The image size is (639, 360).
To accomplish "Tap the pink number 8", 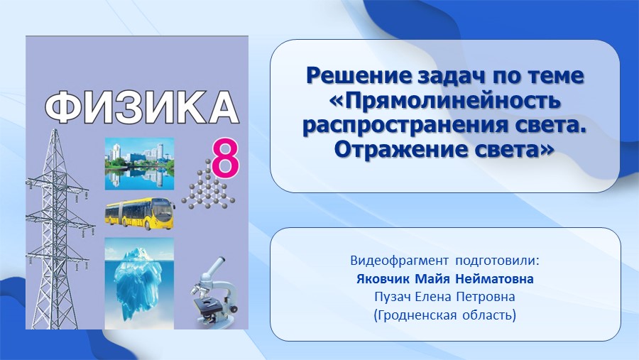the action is [224, 158].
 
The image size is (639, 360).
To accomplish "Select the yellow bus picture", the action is [140, 214].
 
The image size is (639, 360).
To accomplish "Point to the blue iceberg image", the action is [139, 283].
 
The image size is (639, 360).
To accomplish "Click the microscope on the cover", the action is [214, 292].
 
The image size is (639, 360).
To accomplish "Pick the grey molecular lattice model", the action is [208, 185].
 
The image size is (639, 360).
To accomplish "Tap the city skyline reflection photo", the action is [139, 164].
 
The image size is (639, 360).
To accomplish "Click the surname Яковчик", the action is [383, 279].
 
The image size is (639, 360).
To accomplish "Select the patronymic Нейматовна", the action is [494, 279].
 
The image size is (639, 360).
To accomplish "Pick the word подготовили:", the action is [497, 261].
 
